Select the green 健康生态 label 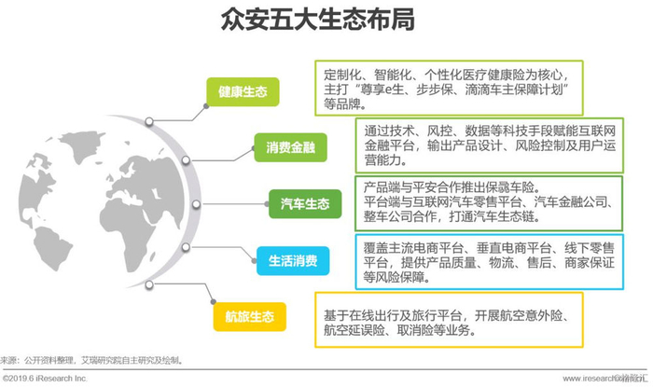point(243,92)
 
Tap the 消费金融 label point(291,147)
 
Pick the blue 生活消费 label point(291,260)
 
